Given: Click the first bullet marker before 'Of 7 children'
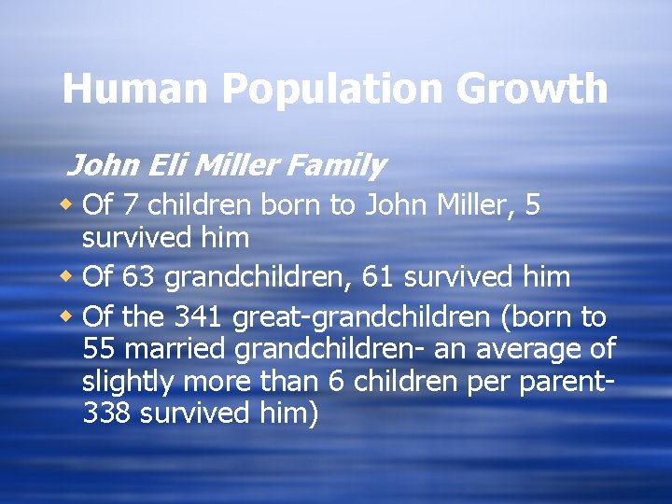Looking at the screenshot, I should [68, 204].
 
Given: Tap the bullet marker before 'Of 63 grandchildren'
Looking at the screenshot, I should [68, 277].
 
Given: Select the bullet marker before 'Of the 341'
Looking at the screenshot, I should [68, 316].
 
